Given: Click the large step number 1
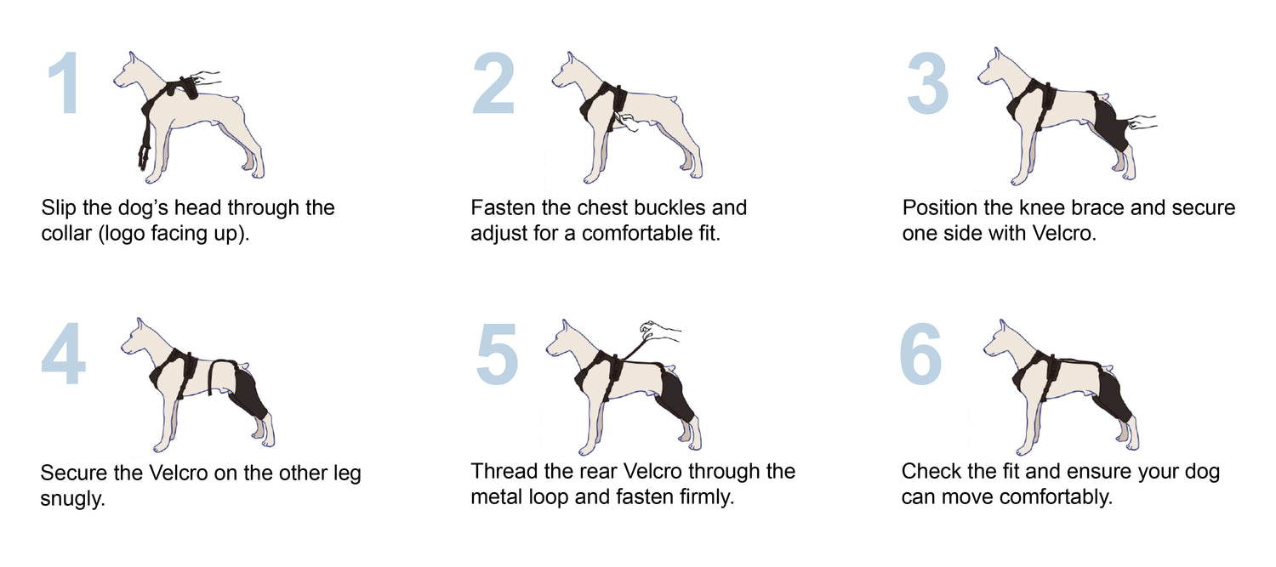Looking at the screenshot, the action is [x=63, y=83].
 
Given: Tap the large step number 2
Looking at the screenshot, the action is [x=493, y=83].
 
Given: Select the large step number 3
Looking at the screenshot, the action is [x=927, y=83].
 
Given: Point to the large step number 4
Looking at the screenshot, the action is [x=63, y=354].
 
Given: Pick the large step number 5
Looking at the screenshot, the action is [x=497, y=354].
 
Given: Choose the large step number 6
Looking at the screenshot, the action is [x=921, y=354].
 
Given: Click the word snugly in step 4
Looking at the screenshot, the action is [x=72, y=499].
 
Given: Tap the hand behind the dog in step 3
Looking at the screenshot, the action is [x=1142, y=122].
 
